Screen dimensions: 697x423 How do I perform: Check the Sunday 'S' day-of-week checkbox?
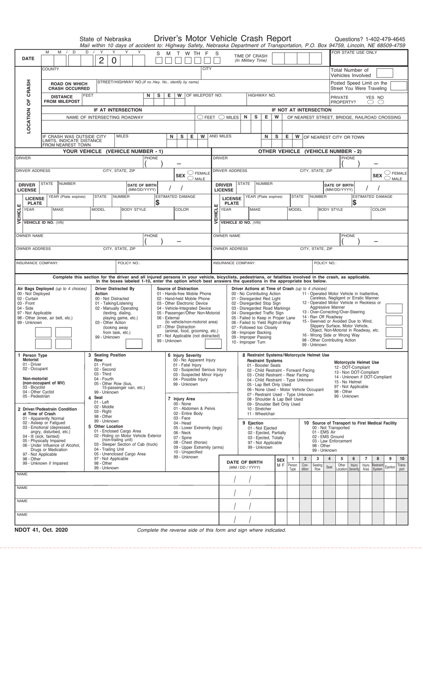(x=159, y=61)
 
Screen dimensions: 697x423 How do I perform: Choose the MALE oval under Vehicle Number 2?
(x=387, y=179)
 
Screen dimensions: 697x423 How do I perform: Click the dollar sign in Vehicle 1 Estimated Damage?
(x=158, y=203)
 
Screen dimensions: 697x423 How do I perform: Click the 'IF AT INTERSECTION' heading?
(x=118, y=110)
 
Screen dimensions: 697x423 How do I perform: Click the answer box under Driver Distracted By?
(x=134, y=344)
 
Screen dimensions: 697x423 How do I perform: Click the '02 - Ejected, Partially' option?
(x=267, y=433)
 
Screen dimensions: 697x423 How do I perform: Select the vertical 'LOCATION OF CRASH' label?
(x=28, y=107)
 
